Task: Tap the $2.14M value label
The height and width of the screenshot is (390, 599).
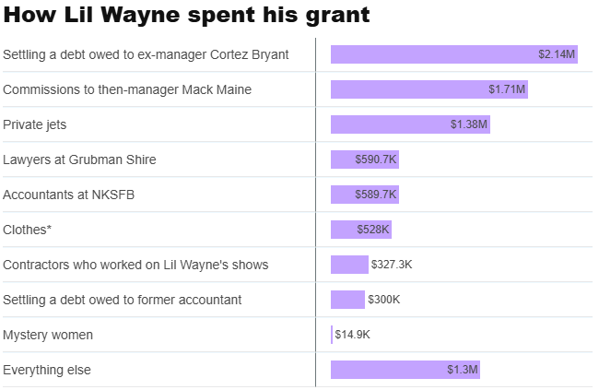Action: [557, 54]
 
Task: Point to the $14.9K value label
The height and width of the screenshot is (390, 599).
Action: [353, 335]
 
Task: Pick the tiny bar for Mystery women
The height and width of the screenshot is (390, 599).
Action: [332, 335]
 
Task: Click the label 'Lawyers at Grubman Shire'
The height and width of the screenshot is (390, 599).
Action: [79, 160]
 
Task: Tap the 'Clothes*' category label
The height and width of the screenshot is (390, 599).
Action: [28, 230]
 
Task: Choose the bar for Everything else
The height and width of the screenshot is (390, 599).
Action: [387, 370]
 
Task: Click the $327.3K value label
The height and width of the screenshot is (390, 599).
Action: [392, 265]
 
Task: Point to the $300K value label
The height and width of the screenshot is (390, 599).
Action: [384, 300]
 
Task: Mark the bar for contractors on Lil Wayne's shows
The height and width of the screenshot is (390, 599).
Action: [349, 265]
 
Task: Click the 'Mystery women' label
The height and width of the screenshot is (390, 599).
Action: [48, 335]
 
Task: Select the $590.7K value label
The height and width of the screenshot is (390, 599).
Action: [376, 160]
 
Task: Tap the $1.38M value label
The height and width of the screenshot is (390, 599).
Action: [469, 124]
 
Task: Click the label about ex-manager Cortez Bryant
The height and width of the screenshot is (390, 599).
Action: [146, 54]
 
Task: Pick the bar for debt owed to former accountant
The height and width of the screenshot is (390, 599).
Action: [347, 300]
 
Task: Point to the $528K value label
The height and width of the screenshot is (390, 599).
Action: [373, 230]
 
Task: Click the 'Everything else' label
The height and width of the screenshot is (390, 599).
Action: [47, 370]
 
